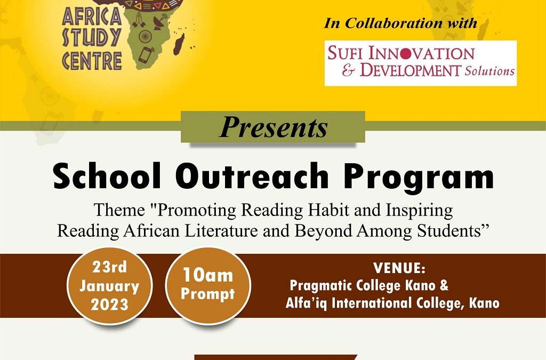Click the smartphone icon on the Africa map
point(146,54)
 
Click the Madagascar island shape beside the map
point(179,44)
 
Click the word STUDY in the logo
point(92,38)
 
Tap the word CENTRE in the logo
point(92,61)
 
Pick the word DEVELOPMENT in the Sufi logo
point(411,70)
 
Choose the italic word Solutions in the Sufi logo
point(489,71)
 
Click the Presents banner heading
point(273,127)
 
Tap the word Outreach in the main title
point(254,176)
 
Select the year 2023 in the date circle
point(110,305)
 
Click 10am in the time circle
point(208,275)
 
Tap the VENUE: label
point(399,268)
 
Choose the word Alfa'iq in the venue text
point(307,303)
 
